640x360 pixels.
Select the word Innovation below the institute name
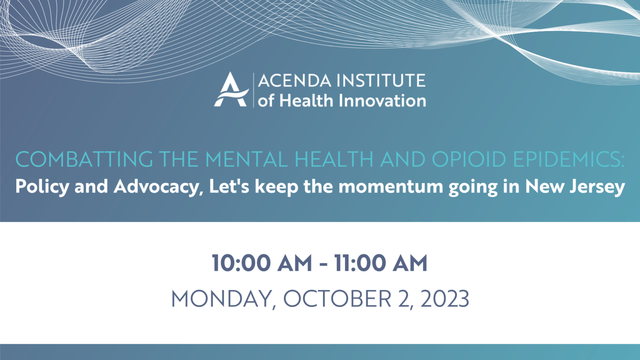point(382,101)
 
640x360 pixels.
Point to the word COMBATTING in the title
point(84,159)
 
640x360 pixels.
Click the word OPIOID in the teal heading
point(469,159)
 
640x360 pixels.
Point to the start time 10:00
point(241,263)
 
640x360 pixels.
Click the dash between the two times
point(323,265)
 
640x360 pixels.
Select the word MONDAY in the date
point(221,299)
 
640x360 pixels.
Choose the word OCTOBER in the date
point(337,299)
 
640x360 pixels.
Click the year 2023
point(445,299)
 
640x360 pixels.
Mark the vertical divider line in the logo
point(253,90)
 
